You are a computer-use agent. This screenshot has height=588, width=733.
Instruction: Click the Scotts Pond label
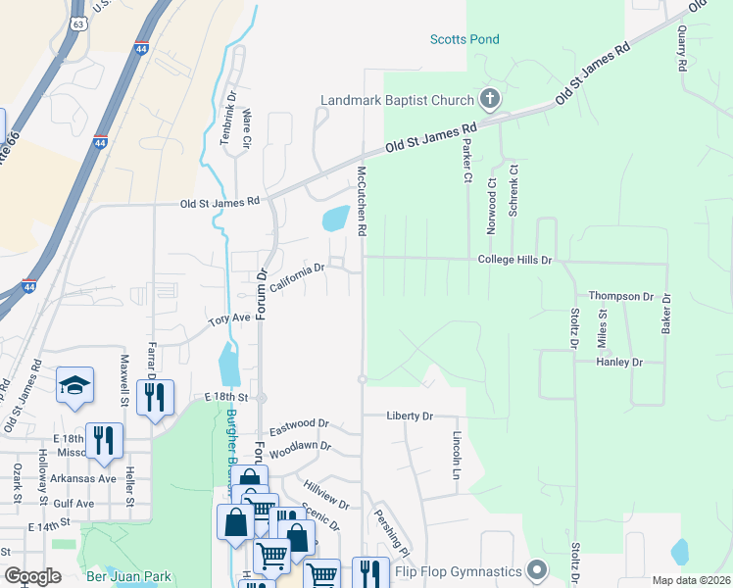coord(464,39)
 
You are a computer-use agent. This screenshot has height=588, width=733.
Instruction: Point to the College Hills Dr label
coord(515,261)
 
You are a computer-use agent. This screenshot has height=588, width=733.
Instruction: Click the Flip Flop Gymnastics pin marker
coord(536,569)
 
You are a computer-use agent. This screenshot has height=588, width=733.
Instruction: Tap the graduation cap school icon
coord(75,387)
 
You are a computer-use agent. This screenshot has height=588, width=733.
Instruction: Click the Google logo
coord(33,576)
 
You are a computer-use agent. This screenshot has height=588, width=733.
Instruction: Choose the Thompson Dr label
coord(620,296)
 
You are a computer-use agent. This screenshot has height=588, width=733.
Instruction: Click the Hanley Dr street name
coord(619,362)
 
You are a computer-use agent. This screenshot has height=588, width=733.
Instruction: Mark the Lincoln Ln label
coord(457,449)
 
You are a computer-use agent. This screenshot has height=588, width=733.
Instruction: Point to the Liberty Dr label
coord(410,416)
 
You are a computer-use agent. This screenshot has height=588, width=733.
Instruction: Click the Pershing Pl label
coord(388,531)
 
